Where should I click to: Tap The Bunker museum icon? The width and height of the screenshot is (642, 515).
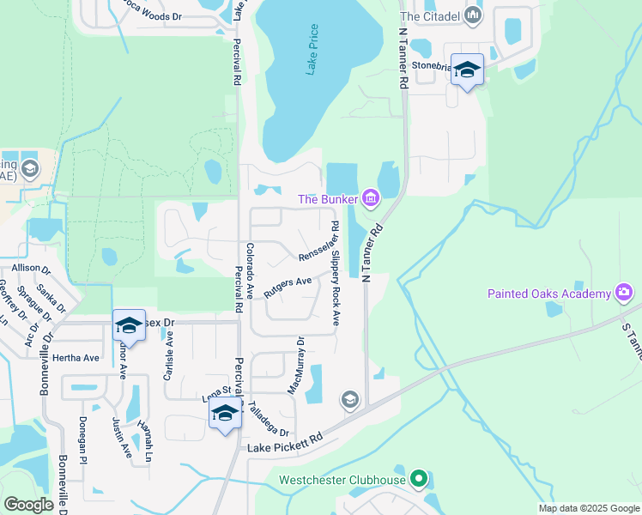click(371, 199)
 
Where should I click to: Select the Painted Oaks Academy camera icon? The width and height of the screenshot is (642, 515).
click(624, 293)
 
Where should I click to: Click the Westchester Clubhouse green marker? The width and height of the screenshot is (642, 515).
click(418, 479)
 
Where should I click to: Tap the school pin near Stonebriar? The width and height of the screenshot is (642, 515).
click(467, 70)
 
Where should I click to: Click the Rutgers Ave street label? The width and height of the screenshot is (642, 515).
click(288, 287)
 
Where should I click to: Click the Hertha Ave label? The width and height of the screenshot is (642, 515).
click(76, 358)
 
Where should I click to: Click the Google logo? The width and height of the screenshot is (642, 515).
click(28, 505)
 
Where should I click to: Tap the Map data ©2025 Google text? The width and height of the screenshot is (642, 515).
click(588, 508)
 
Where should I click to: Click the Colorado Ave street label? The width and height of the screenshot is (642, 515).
click(250, 270)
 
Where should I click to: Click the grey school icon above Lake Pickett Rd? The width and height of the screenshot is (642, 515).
click(349, 399)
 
